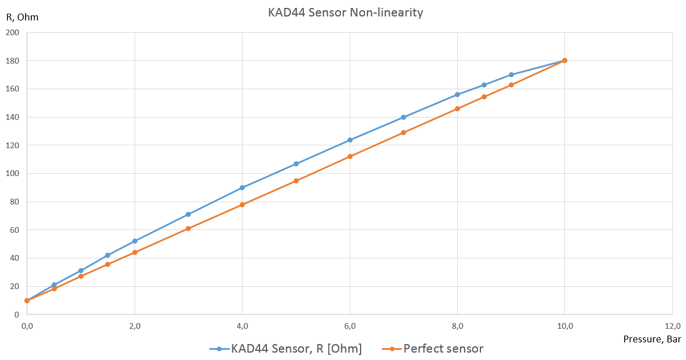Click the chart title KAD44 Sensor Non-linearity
tap(345, 12)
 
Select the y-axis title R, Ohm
tap(22, 17)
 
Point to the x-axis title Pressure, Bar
tap(652, 339)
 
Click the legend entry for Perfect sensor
tap(443, 349)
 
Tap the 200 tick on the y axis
tap(12, 33)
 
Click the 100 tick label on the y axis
tap(12, 174)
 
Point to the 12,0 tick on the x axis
tap(672, 326)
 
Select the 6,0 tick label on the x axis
tap(350, 326)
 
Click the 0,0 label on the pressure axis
tap(27, 326)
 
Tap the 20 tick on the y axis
tap(14, 287)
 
